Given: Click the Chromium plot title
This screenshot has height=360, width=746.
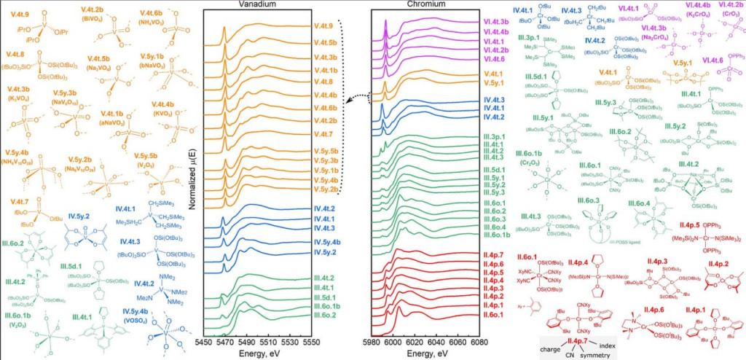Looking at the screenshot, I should [x=430, y=5].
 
